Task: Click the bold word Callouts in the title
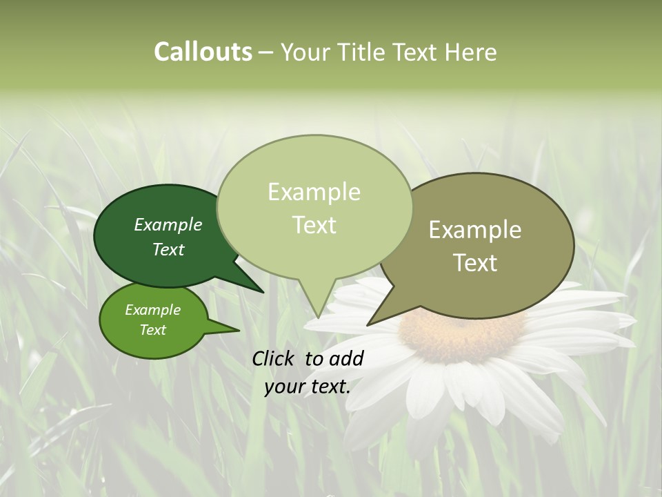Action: [203, 52]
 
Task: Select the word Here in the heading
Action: [470, 52]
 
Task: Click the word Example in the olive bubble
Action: [475, 230]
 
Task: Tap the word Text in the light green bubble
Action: [314, 225]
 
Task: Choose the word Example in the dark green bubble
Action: [168, 225]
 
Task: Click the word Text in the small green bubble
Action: [152, 330]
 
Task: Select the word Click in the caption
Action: [273, 358]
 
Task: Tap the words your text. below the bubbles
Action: [307, 387]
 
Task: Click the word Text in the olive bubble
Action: [476, 263]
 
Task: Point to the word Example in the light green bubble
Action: [314, 192]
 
